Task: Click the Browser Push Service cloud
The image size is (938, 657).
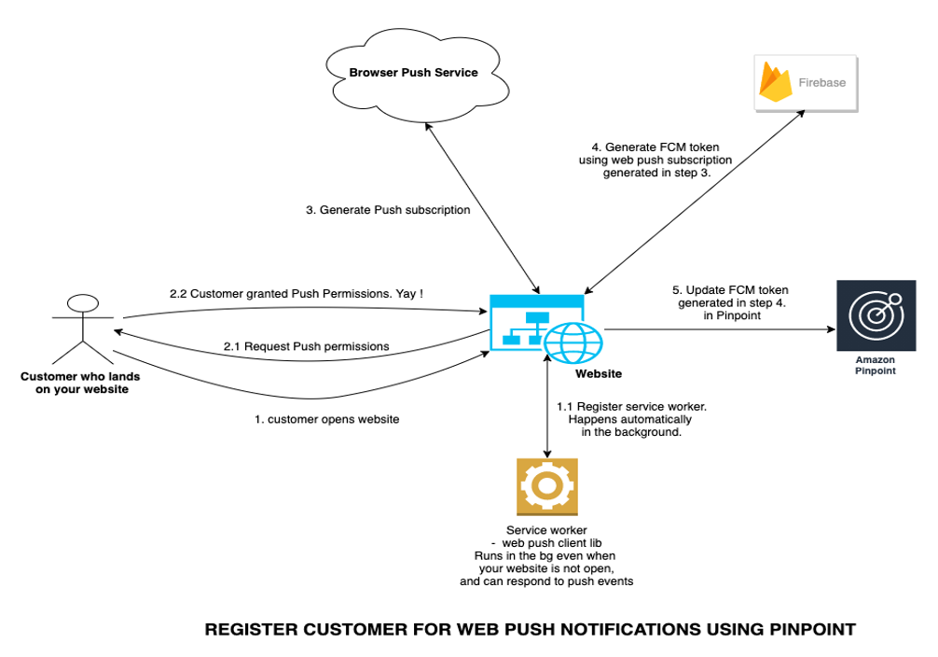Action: tap(413, 72)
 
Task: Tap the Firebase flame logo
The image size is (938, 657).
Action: tap(776, 83)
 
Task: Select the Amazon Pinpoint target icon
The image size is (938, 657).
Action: tap(876, 315)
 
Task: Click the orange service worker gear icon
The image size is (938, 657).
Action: tap(546, 486)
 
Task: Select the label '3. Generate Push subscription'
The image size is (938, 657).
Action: tap(388, 210)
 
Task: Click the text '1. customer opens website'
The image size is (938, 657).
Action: tap(326, 419)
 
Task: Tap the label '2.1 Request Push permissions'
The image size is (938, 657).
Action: tap(306, 346)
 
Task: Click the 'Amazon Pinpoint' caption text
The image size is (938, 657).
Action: tap(875, 365)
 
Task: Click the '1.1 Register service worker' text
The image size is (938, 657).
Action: tap(630, 406)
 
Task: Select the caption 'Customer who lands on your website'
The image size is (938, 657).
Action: tap(80, 383)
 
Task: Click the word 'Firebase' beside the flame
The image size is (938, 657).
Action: tap(822, 83)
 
